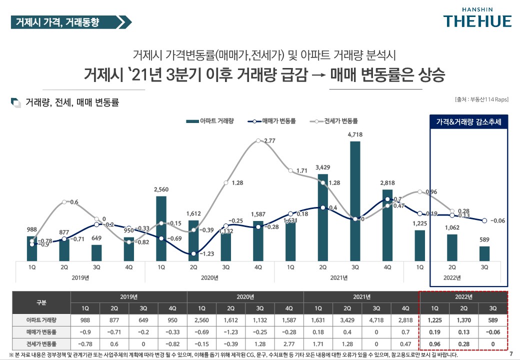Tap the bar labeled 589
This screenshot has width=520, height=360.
484,253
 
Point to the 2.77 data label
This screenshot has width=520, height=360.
269,141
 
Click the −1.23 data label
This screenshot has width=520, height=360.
206,253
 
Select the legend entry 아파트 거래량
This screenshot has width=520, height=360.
210,121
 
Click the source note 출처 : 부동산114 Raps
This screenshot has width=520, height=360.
481,99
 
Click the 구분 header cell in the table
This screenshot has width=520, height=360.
42,302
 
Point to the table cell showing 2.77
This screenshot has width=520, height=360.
289,344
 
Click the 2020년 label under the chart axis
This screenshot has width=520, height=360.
209,277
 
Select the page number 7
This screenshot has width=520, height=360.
510,354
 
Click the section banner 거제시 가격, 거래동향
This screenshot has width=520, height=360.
65,22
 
